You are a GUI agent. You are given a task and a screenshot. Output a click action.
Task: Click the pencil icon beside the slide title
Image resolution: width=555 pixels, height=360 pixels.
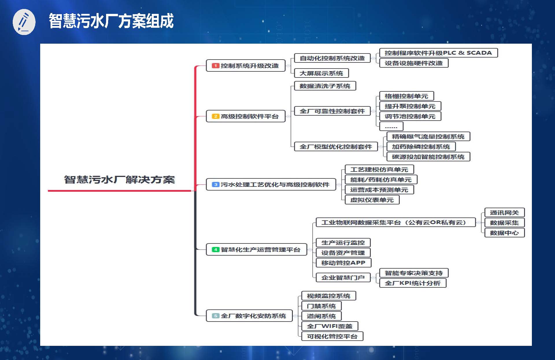pos(24,22)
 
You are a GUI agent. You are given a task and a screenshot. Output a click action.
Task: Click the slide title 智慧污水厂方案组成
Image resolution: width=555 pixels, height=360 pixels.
pos(111,21)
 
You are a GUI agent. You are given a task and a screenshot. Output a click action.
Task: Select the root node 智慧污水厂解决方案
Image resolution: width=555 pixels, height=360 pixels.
pos(119,180)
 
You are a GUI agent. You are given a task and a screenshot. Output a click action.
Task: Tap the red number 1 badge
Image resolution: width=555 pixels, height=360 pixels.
pos(215,66)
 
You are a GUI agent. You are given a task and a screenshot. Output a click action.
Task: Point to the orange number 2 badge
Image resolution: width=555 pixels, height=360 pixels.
pos(215,116)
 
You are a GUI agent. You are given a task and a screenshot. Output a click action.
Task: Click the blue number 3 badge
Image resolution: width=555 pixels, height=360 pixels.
pos(215,184)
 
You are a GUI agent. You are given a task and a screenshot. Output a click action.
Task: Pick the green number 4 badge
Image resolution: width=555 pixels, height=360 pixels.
pos(215,250)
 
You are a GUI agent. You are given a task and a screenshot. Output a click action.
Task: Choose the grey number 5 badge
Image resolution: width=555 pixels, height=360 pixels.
pos(215,316)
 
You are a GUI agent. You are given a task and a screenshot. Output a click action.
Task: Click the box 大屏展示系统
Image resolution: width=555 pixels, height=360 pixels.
pos(321,73)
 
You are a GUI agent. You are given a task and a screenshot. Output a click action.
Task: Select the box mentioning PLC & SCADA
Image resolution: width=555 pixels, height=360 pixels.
pos(439,53)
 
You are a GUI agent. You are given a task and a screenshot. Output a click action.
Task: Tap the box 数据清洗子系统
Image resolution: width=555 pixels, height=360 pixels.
pos(325,86)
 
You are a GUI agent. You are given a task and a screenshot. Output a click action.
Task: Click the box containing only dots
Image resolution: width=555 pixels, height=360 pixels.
pos(391,126)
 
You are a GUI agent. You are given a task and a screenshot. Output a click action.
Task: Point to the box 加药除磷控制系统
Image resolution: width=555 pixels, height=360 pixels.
pos(421,147)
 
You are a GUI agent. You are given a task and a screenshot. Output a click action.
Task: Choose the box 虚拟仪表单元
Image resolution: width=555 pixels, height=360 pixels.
pos(372,200)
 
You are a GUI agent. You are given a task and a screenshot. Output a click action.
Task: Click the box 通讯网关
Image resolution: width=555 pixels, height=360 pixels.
pos(504,213)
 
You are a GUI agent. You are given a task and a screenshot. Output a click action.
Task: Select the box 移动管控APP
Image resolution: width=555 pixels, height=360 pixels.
pos(343,263)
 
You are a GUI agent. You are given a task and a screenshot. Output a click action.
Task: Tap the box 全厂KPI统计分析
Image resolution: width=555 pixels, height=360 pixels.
pos(413,283)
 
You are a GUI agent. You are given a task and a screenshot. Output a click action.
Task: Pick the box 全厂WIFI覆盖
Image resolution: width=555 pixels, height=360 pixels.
pos(330,326)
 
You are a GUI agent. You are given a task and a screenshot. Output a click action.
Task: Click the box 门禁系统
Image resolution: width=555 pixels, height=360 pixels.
pos(321,306)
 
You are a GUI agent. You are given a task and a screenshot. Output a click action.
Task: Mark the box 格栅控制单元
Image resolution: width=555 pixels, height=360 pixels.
pos(406,96)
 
